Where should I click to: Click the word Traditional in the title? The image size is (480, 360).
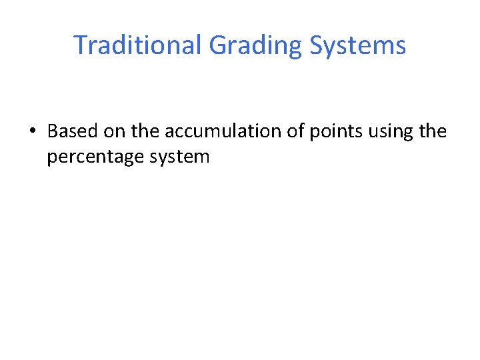click(137, 45)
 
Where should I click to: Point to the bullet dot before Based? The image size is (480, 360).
click(33, 131)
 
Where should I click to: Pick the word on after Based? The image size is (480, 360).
click(115, 131)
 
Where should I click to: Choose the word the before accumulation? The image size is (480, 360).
click(145, 131)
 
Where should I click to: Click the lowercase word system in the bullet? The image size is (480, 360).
click(179, 157)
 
